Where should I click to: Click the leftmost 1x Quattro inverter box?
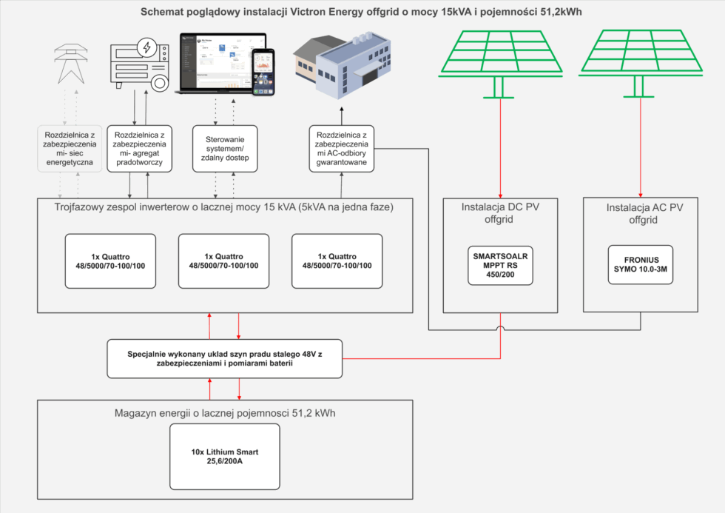(x=110, y=261)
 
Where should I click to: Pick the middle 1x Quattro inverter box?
(x=224, y=261)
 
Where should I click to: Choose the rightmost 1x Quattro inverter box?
(x=337, y=261)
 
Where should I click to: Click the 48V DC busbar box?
(x=225, y=358)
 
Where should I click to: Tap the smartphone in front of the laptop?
(x=264, y=73)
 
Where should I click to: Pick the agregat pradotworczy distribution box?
(x=140, y=149)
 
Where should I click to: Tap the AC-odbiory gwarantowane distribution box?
(x=341, y=149)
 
